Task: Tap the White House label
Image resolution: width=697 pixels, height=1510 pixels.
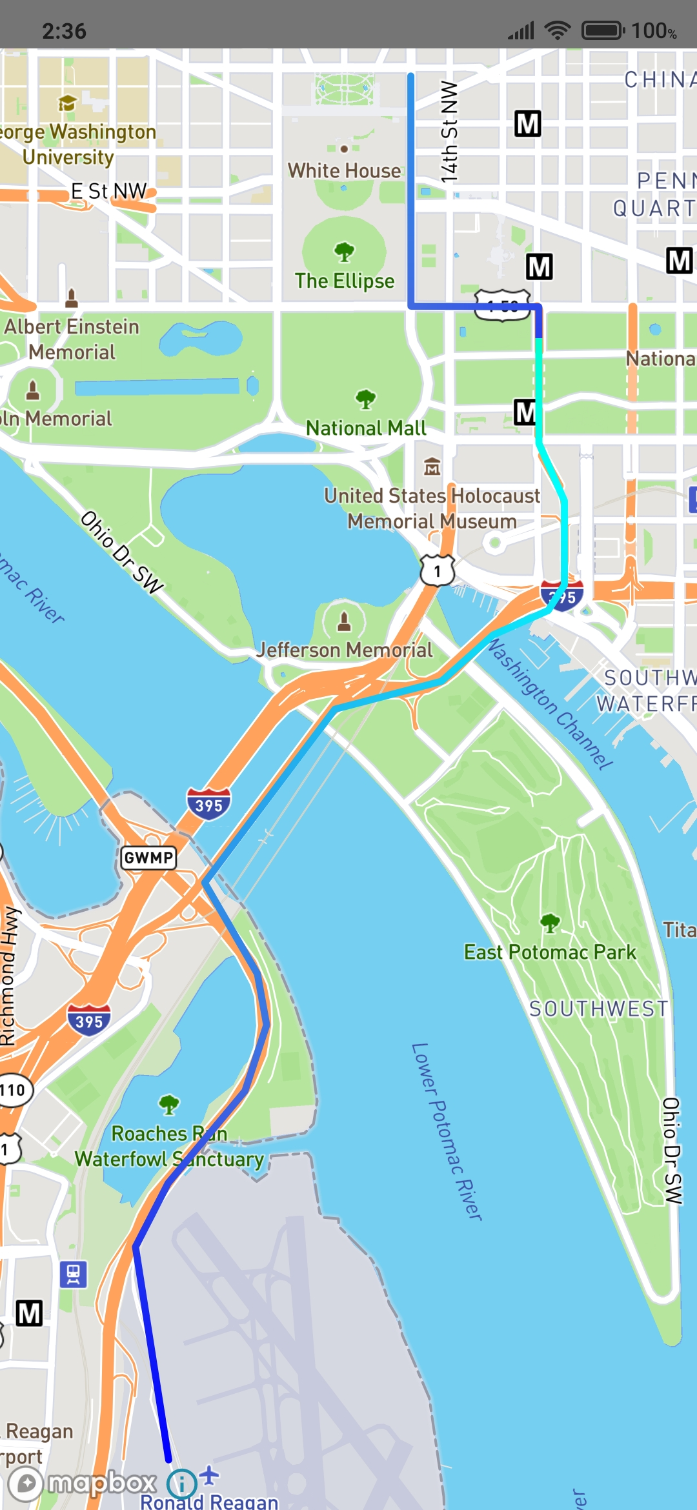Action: [344, 170]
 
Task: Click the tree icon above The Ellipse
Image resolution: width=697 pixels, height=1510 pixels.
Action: [344, 252]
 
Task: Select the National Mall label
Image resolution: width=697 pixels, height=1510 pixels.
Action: [365, 428]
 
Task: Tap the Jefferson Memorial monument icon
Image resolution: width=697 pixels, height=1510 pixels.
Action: [344, 621]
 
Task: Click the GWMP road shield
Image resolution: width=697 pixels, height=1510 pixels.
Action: [148, 858]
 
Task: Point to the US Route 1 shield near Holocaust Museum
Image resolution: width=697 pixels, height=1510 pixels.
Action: [438, 570]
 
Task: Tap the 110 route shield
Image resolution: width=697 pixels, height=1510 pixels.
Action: [13, 1091]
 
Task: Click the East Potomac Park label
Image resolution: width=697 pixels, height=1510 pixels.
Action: [550, 952]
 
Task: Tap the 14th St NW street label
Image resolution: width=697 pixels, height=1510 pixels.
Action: [449, 132]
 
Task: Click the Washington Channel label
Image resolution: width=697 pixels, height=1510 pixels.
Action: [549, 703]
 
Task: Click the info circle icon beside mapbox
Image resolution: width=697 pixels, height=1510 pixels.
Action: [182, 1484]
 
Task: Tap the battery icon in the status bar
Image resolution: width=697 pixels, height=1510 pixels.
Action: [603, 30]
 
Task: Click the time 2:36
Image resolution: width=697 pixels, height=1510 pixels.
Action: [64, 30]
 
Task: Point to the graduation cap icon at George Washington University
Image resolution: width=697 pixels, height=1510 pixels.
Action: [67, 103]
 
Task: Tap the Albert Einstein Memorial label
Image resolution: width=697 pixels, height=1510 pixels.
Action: [71, 339]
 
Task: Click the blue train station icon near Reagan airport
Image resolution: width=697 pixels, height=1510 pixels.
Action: [73, 1274]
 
